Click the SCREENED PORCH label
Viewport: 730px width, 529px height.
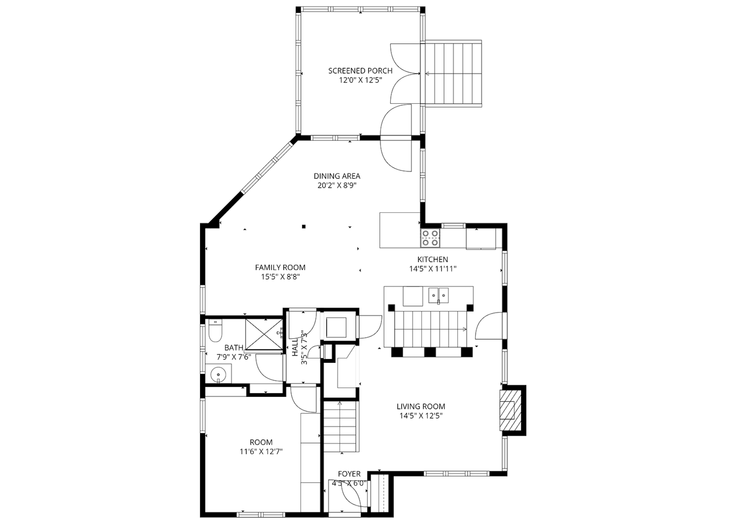point(360,71)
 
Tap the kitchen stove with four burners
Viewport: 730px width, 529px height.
point(430,238)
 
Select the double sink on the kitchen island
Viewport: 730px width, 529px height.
point(438,295)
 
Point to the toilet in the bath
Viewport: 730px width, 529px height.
point(215,331)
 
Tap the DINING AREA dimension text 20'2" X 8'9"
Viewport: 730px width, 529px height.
point(337,185)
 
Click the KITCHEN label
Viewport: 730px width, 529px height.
point(433,260)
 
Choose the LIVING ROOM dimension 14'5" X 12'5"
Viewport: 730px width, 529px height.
point(421,416)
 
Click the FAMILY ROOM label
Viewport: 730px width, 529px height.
point(280,267)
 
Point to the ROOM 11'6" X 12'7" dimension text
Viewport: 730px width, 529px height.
point(261,451)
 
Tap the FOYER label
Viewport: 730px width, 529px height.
point(349,474)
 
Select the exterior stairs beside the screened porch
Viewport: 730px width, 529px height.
point(453,73)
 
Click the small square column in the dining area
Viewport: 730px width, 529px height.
point(304,226)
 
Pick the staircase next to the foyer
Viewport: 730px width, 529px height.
point(340,427)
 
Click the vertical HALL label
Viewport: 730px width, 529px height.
point(295,347)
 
